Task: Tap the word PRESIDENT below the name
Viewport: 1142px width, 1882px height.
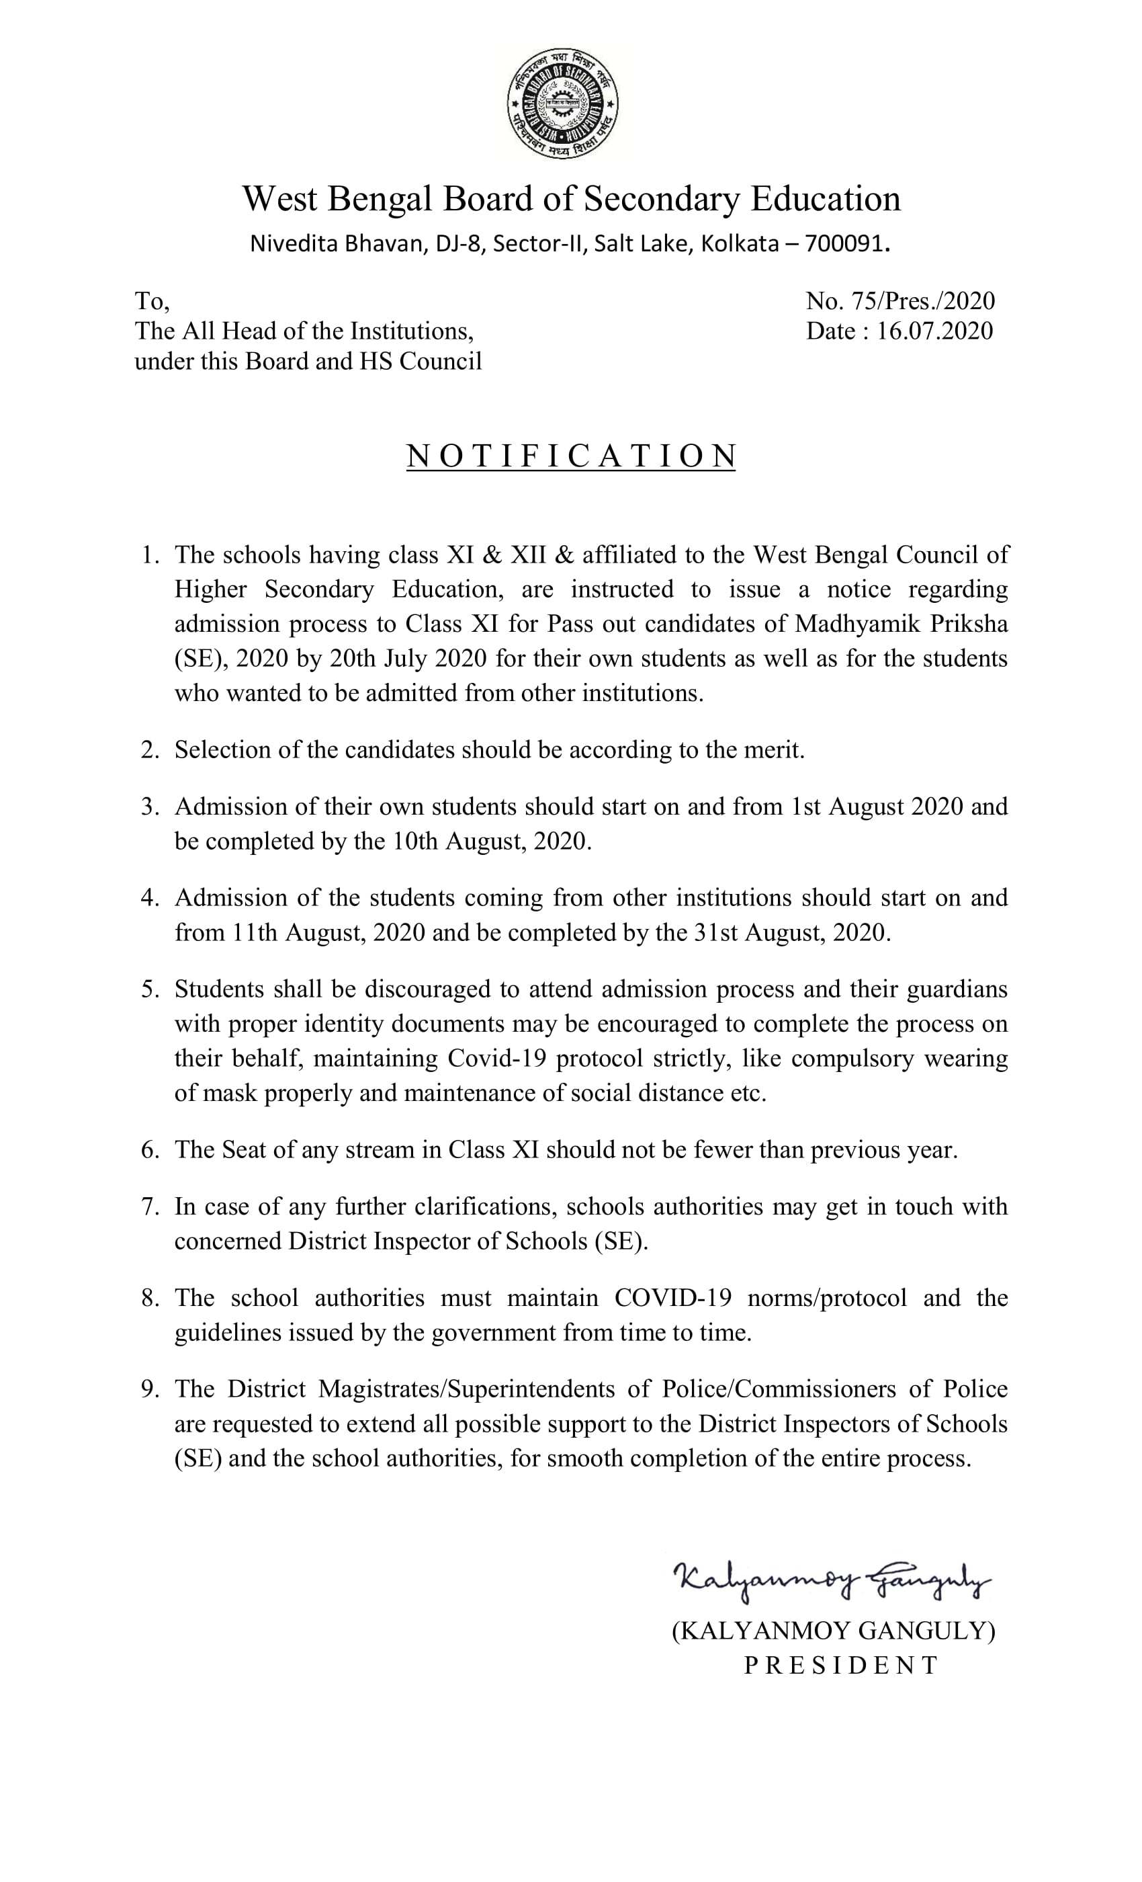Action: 841,1665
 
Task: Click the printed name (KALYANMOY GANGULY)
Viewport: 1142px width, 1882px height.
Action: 834,1631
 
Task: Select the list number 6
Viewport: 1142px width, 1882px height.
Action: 149,1149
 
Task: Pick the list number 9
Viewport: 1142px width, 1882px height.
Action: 149,1389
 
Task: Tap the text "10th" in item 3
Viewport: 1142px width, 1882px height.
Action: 415,841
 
